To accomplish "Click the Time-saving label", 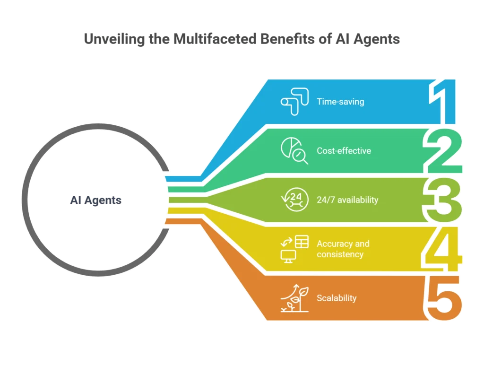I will click(x=340, y=101).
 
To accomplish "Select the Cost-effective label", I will click(x=344, y=151).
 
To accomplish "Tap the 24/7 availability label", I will click(x=347, y=200).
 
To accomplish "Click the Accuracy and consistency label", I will click(x=343, y=249).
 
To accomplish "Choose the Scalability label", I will click(x=337, y=298).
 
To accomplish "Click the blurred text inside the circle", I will click(x=96, y=200).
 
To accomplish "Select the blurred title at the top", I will click(x=242, y=39).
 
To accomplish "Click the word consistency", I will click(x=340, y=254).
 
